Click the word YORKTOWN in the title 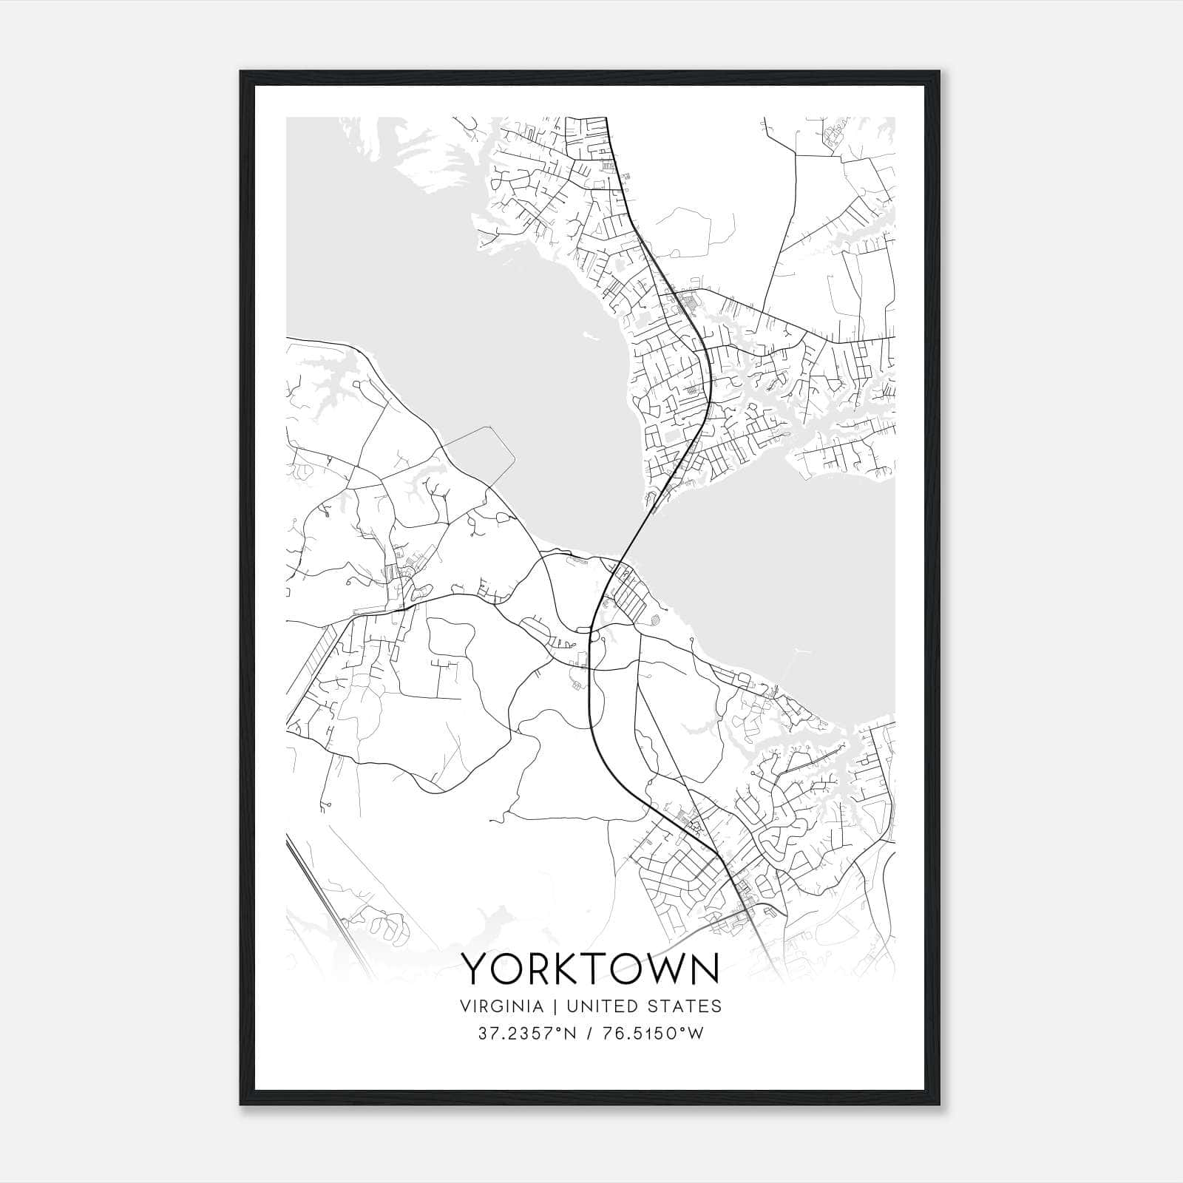pyautogui.click(x=591, y=969)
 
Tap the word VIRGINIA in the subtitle pyautogui.click(x=501, y=1006)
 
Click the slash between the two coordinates pyautogui.click(x=587, y=1034)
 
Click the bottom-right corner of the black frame pyautogui.click(x=939, y=1105)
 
